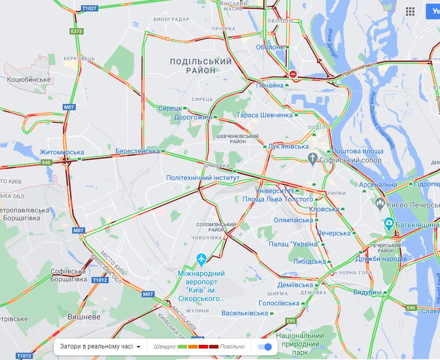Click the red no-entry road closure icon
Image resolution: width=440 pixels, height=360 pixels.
click(x=293, y=75)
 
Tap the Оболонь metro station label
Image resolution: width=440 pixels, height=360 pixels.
click(x=270, y=47)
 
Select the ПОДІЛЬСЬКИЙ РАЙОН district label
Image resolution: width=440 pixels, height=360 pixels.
click(x=201, y=66)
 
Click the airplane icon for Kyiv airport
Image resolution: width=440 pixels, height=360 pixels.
click(x=201, y=259)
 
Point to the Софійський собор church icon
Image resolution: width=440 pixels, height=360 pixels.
click(x=312, y=159)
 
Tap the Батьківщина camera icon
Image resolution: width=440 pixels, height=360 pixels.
click(x=389, y=224)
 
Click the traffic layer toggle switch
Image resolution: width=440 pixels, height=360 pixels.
click(x=265, y=346)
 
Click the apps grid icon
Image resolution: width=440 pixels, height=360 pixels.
click(x=410, y=11)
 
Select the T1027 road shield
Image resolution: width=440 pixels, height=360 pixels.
click(x=89, y=9)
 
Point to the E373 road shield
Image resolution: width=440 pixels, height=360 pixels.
click(x=77, y=31)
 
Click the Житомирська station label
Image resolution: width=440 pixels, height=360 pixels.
click(x=58, y=152)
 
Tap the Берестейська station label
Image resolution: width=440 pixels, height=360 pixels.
click(x=137, y=151)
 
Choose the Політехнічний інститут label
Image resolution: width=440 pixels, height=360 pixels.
click(x=203, y=178)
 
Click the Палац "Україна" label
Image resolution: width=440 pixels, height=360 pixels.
click(x=294, y=244)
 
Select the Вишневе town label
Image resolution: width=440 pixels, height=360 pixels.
click(x=84, y=317)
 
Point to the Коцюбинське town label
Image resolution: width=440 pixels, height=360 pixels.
click(x=29, y=79)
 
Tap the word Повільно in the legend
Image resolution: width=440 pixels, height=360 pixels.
click(x=232, y=346)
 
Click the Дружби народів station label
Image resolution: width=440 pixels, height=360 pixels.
click(x=380, y=259)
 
